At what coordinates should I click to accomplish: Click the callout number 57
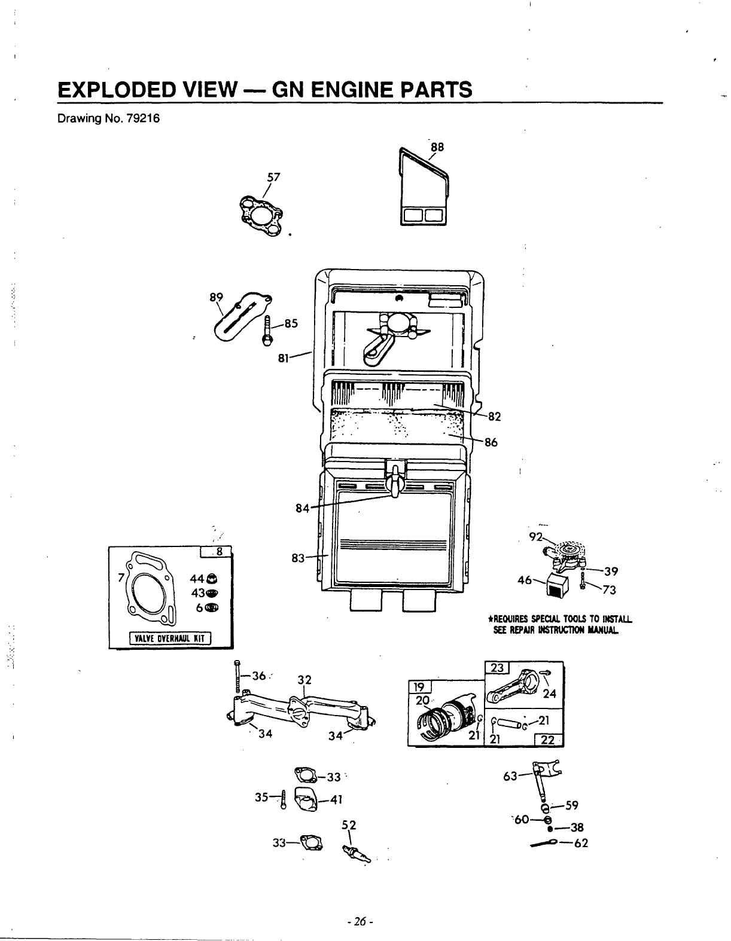click(273, 177)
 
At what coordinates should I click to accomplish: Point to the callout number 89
click(216, 296)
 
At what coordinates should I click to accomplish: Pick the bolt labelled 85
click(267, 329)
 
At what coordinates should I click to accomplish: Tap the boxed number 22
click(547, 740)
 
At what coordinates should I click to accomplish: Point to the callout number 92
click(535, 536)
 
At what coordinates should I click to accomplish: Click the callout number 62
click(580, 844)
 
